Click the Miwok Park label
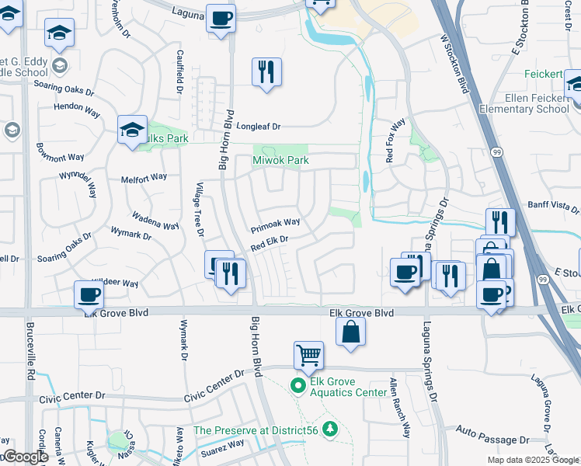280,161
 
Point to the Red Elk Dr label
270,243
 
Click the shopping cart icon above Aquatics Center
308,356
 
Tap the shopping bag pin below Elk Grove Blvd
351,331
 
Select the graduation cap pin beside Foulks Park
132,129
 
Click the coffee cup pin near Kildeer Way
89,294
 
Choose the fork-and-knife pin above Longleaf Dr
266,72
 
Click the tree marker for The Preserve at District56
331,429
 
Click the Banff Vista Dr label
553,208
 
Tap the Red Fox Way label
395,141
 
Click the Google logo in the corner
25,457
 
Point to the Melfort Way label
144,178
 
